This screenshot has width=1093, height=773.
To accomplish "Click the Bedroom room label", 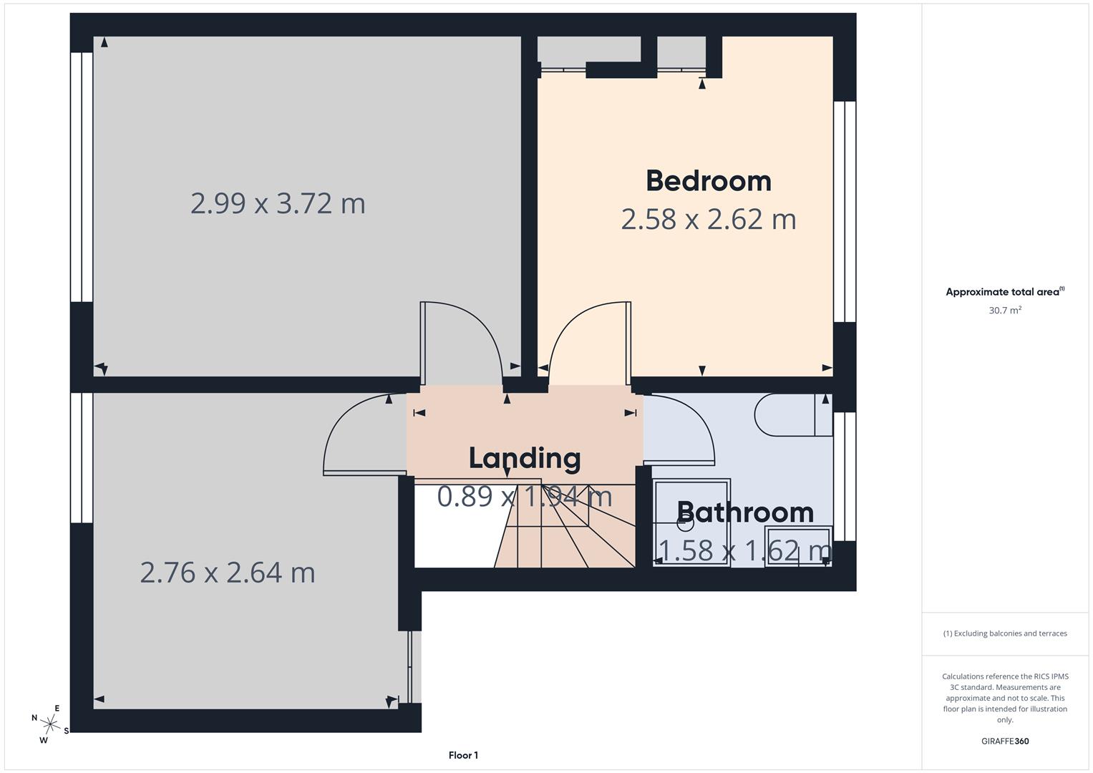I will tap(708, 180).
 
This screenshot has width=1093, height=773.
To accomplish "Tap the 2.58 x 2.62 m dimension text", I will tap(708, 219).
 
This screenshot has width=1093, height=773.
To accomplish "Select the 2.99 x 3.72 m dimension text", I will tap(278, 203).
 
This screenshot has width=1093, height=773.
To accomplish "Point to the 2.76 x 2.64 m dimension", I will tap(228, 573).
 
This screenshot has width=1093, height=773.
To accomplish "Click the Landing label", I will tap(524, 458).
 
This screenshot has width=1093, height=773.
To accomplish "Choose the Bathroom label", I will tap(744, 512).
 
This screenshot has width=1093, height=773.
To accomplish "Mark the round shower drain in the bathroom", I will tap(685, 523).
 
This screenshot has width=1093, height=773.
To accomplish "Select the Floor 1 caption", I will tap(463, 755).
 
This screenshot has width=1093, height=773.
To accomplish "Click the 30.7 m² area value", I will tap(1005, 311).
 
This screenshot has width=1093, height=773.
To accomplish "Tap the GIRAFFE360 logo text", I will tap(1005, 742).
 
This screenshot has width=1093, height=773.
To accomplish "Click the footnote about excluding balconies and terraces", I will tap(1005, 633).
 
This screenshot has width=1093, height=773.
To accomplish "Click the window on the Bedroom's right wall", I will tap(845, 211).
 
